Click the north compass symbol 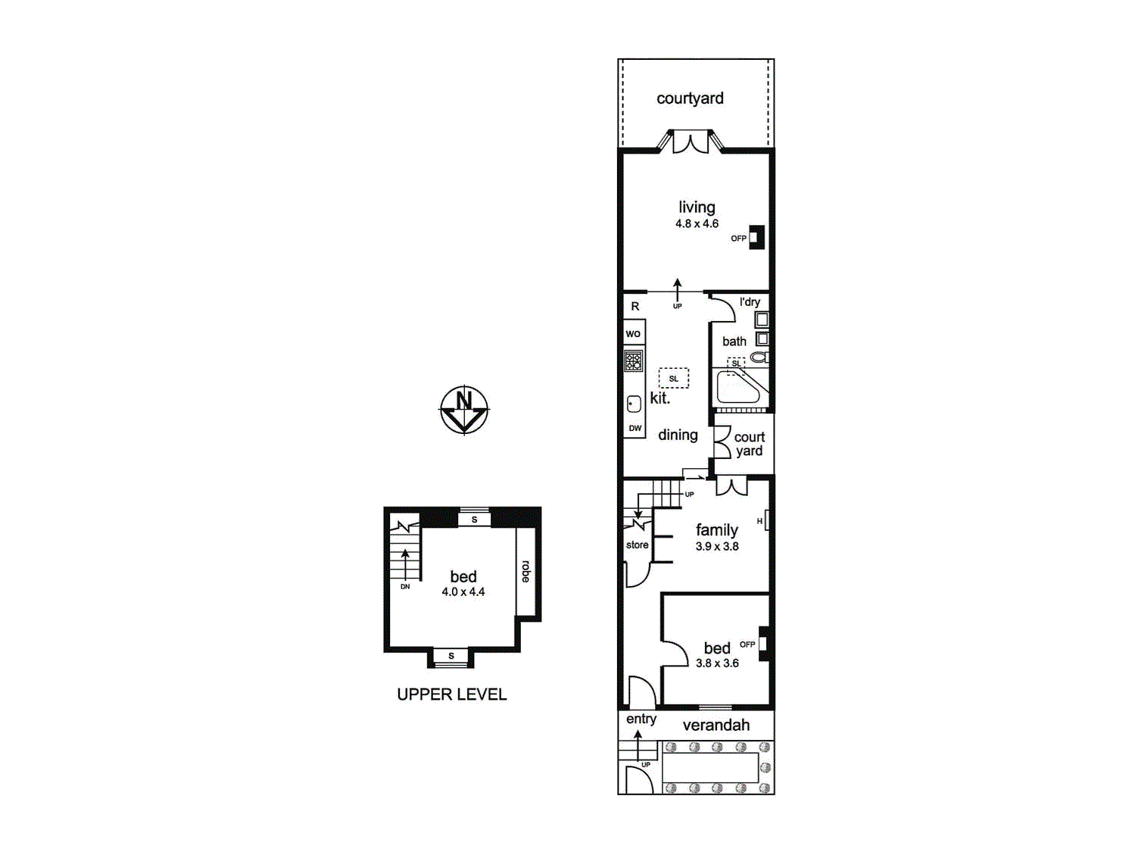pos(464,410)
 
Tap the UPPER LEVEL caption pos(451,694)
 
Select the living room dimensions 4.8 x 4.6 pos(697,224)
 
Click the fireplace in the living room pos(756,237)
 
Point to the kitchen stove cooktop pos(634,360)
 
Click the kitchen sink pos(634,404)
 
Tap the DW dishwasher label pos(635,428)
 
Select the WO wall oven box pos(634,333)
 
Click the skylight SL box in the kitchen pos(673,378)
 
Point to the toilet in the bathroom pos(759,357)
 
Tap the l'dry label pos(750,302)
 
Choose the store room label pos(637,545)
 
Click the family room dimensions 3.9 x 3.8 pos(717,547)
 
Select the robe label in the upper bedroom pos(525,572)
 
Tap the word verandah pos(716,726)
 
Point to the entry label pos(641,719)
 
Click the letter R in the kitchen pos(635,307)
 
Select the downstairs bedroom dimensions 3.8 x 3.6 pos(717,663)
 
